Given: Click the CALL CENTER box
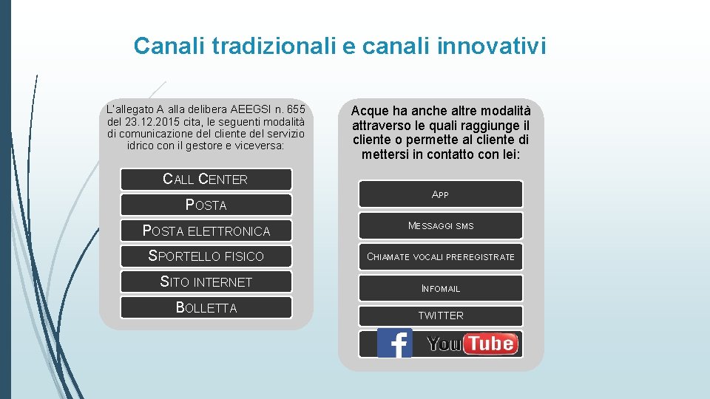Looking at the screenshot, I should click(x=206, y=180).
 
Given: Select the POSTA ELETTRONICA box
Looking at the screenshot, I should click(x=206, y=231).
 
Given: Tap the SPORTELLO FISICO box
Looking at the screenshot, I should click(x=206, y=256).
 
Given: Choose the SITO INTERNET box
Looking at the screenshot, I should click(x=206, y=282).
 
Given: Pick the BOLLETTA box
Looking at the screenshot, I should click(x=206, y=308).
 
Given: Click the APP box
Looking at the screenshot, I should click(x=440, y=194).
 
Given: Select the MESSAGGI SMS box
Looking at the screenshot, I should click(x=440, y=226).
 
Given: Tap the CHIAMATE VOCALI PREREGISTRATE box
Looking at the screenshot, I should click(x=440, y=257).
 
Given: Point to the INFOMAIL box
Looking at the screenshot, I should click(x=440, y=289).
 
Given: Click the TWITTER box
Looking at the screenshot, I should click(x=440, y=316).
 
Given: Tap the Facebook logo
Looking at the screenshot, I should click(x=394, y=344).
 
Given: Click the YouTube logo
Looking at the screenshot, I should click(x=472, y=344).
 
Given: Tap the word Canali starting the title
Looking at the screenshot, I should click(x=170, y=47).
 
